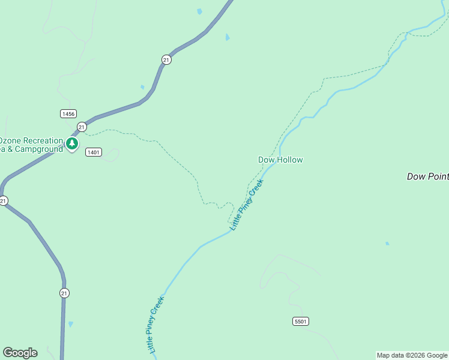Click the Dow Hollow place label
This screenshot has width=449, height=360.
coord(280,160)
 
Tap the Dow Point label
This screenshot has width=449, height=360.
coord(427,176)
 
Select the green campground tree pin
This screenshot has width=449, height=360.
coord(72,143)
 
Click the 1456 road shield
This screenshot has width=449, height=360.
coord(68,113)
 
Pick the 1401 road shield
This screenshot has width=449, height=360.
coord(93,152)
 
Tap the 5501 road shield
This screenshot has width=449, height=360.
coord(301,322)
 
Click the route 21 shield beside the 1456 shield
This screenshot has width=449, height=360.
coord(82,127)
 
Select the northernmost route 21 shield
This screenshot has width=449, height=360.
coord(166,59)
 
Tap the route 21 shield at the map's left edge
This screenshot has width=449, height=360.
coord(3,201)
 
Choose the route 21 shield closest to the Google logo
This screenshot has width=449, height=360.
coord(64,293)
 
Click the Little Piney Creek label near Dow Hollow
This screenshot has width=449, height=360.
coord(247,205)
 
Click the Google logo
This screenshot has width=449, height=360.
coord(20,353)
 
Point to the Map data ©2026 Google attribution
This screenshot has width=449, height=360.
coord(412,355)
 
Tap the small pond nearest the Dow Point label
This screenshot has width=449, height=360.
coord(387,244)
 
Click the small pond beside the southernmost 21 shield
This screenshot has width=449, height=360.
coord(71,324)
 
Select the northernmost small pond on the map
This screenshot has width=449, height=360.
coord(199,11)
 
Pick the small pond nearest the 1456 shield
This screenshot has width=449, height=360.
coord(142,87)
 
